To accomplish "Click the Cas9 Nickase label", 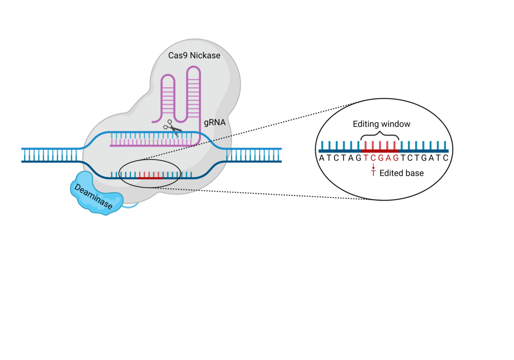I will click(x=194, y=55).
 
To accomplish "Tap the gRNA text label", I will click(x=215, y=123).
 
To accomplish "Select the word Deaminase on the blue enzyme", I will click(x=94, y=197).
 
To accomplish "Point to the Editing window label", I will click(x=381, y=124).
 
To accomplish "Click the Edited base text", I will click(x=401, y=173).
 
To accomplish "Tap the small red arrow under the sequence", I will click(x=373, y=166).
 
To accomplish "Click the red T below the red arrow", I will click(x=373, y=173).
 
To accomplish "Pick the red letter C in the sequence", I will click(x=373, y=158).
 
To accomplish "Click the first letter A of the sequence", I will click(x=322, y=158).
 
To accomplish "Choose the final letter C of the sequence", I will click(x=445, y=158).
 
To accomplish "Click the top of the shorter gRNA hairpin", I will click(x=167, y=77).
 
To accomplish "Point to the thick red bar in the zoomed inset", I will click(x=380, y=151).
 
